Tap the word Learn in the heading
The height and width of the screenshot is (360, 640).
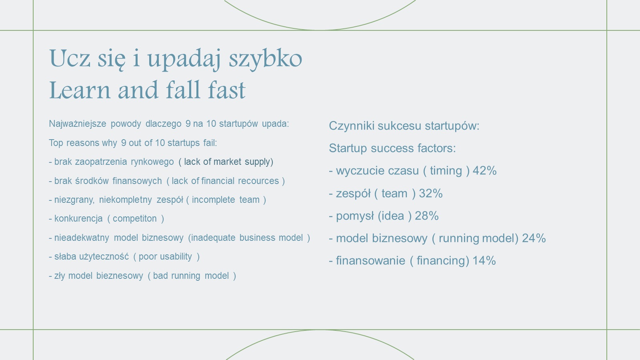[80, 90]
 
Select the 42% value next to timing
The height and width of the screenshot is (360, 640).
[484, 170]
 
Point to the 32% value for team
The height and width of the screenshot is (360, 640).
[430, 194]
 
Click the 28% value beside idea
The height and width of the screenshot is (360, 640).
[426, 216]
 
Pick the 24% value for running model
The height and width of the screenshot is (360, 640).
[534, 238]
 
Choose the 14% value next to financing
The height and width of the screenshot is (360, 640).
[484, 260]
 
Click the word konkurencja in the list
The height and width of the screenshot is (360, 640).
[78, 219]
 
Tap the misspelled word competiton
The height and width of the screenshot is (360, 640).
[134, 219]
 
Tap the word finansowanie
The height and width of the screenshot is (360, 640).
[370, 260]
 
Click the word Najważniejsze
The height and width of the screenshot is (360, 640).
[78, 124]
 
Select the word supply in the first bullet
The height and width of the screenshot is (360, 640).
[258, 162]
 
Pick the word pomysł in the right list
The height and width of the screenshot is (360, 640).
[355, 216]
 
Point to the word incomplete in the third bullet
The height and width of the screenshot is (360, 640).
[213, 200]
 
